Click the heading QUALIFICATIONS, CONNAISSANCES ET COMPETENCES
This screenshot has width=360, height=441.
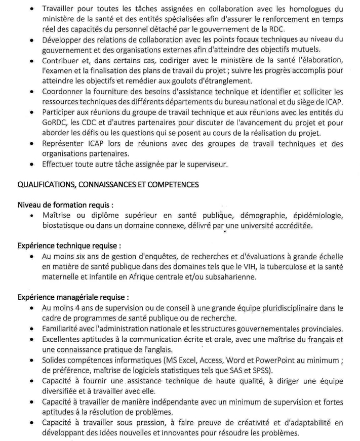tap(108, 185)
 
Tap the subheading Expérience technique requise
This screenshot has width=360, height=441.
tap(69, 245)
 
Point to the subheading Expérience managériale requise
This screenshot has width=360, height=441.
tap(73, 295)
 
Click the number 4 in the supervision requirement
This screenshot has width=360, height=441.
tap(74, 307)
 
